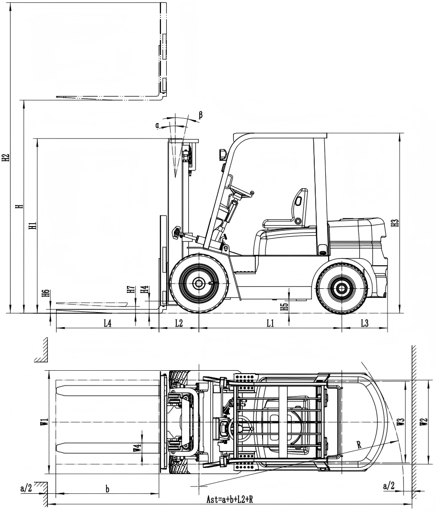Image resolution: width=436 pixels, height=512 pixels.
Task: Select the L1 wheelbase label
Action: click(x=270, y=323)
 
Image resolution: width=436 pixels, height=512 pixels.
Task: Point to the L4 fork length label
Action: click(x=107, y=323)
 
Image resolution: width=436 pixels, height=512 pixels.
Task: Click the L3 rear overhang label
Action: click(x=364, y=323)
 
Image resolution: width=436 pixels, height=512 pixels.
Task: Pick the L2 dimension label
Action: click(x=178, y=323)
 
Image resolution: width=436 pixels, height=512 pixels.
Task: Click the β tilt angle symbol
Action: click(x=200, y=115)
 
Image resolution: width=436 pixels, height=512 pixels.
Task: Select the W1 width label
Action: click(x=44, y=422)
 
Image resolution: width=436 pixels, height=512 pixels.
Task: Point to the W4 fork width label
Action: click(x=137, y=449)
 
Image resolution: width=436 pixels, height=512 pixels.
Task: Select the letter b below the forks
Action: click(x=107, y=489)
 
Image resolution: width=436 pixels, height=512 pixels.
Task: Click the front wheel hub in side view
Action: click(x=198, y=283)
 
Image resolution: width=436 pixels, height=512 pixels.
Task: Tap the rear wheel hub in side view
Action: click(x=342, y=288)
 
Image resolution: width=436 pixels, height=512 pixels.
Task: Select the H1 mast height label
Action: click(x=32, y=226)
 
